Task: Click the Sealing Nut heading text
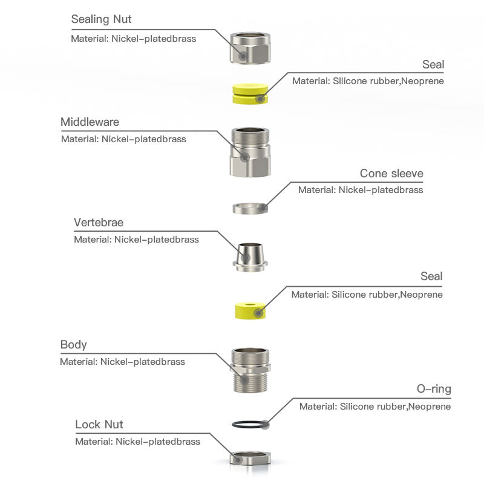coord(101,19)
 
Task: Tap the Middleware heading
coord(90,122)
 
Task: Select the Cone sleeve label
coord(391,174)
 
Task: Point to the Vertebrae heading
coord(99,222)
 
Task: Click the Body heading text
coord(73,345)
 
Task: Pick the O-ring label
coord(434,389)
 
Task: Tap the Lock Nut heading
coord(99,425)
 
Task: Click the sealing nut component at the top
coord(250,48)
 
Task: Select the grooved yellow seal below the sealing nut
coord(250,94)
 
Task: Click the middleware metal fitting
coord(250,152)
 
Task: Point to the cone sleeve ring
coord(250,208)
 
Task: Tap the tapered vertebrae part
coord(250,257)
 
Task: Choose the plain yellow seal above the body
coord(250,310)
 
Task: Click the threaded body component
coord(250,370)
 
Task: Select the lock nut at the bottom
coord(250,458)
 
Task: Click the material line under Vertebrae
coord(136,240)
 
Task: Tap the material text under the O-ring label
coord(375,407)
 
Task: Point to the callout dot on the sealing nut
coord(243,56)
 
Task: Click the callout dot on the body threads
coord(244,380)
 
